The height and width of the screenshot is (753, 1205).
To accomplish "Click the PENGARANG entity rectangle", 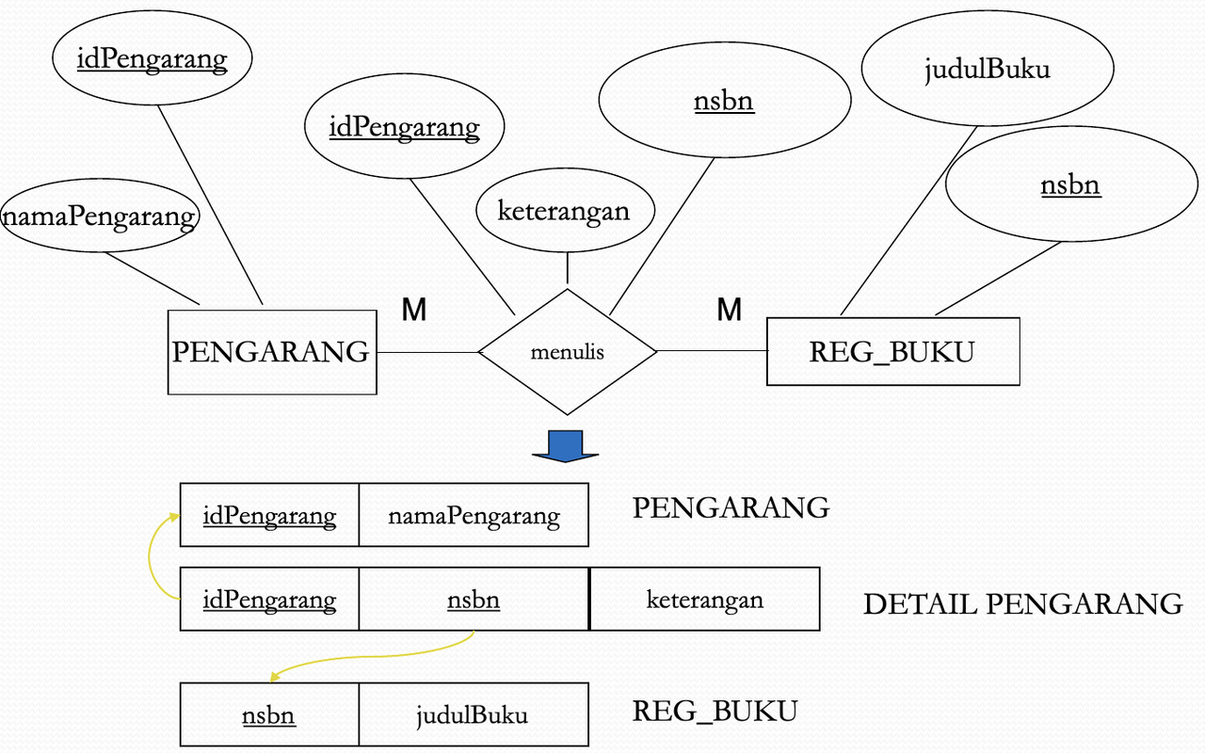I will pyautogui.click(x=271, y=352).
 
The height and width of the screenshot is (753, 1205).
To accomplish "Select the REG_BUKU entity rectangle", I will pyautogui.click(x=892, y=352).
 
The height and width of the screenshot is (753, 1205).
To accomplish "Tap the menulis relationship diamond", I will pyautogui.click(x=567, y=352).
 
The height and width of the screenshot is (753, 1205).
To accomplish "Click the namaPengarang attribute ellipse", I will pyautogui.click(x=100, y=217).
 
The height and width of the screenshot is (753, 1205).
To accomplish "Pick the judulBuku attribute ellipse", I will pyautogui.click(x=987, y=69).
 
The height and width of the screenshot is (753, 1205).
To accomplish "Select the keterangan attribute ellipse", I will pyautogui.click(x=563, y=211).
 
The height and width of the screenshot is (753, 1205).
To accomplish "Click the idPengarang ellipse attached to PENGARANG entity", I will pyautogui.click(x=153, y=59).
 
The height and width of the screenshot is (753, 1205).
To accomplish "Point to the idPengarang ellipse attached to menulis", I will pyautogui.click(x=404, y=127).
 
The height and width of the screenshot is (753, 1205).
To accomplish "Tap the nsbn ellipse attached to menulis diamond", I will pyautogui.click(x=724, y=100).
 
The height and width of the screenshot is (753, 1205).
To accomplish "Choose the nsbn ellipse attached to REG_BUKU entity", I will pyautogui.click(x=1070, y=185).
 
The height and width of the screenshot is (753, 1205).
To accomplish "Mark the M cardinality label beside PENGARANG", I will pyautogui.click(x=414, y=310).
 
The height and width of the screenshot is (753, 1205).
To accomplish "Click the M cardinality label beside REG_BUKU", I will pyautogui.click(x=729, y=310).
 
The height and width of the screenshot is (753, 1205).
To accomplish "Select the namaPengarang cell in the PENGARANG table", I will pyautogui.click(x=474, y=516).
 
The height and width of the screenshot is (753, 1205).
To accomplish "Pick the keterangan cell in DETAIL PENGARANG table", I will pyautogui.click(x=704, y=600).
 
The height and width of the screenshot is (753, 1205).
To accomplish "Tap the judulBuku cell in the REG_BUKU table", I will pyautogui.click(x=473, y=715).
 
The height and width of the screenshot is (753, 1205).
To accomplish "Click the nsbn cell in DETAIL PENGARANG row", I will pyautogui.click(x=474, y=600).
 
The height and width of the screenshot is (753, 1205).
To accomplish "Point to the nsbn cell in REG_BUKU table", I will pyautogui.click(x=269, y=715).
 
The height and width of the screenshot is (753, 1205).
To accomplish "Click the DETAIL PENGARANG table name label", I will pyautogui.click(x=1022, y=603).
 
